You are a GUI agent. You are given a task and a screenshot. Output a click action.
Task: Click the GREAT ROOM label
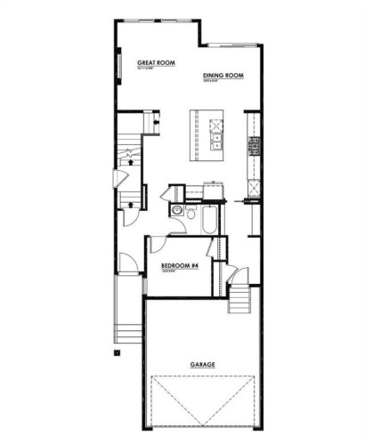point(154,63)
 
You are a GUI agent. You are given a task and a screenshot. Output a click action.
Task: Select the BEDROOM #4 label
point(178,265)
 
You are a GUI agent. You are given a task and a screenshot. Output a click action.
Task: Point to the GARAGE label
point(204,365)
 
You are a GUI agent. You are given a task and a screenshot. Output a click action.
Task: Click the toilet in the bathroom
point(178,212)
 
